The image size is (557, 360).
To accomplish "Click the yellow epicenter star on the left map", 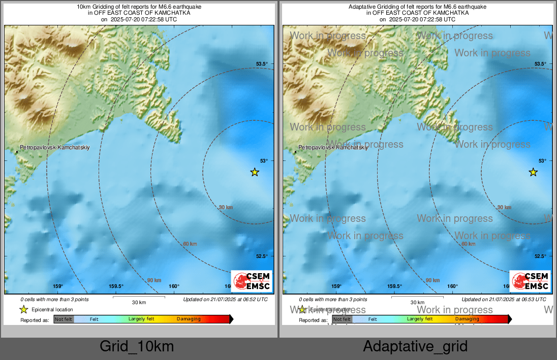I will click(255, 172).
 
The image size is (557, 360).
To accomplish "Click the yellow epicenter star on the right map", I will click(533, 172).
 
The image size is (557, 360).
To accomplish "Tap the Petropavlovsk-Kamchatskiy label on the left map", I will click(53, 147).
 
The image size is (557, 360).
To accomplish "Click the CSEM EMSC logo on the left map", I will click(252, 281).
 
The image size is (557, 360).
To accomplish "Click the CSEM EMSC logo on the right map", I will click(530, 281).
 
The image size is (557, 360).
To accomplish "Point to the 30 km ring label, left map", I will click(226, 207).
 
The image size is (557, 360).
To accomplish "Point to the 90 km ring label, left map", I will click(154, 280).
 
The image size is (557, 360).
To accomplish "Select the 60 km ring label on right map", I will click(468, 244).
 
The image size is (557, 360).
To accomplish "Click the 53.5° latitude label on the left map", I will click(261, 63).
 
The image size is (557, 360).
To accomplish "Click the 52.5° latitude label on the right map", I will click(540, 256).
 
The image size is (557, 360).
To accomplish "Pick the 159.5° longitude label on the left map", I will click(116, 286).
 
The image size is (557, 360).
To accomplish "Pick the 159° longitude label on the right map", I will click(336, 286).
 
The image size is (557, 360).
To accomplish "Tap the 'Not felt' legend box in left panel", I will click(64, 319).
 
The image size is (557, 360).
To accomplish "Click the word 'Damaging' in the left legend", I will click(189, 319).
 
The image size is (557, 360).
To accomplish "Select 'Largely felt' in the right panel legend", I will click(419, 319).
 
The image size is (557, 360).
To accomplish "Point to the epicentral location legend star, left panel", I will click(23, 309).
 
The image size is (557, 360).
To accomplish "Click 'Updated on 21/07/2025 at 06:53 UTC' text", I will click(504, 300).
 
